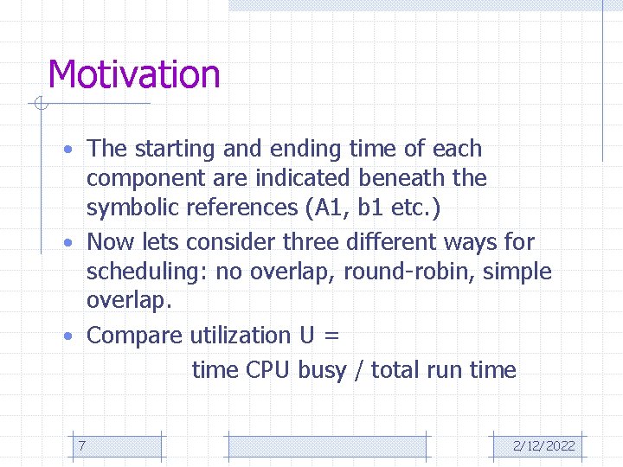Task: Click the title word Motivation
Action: point(134,74)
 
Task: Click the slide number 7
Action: point(81,445)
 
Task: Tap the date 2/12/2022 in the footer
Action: point(543,445)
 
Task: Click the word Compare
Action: point(135,336)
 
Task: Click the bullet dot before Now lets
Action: point(77,243)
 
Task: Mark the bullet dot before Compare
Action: point(77,336)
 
